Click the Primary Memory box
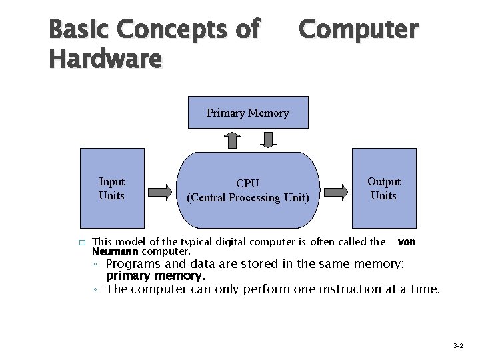[x=247, y=113]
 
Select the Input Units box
[x=112, y=189]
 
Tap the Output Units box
[x=384, y=189]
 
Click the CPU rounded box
[x=248, y=191]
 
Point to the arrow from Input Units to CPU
[x=160, y=192]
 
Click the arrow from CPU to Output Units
[x=336, y=192]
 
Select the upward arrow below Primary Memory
[x=232, y=140]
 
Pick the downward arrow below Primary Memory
[x=267, y=139]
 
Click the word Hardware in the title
[x=105, y=59]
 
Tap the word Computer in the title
[x=359, y=29]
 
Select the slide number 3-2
[x=458, y=346]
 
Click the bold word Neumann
[x=115, y=252]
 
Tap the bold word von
[x=407, y=242]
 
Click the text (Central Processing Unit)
[x=248, y=198]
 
